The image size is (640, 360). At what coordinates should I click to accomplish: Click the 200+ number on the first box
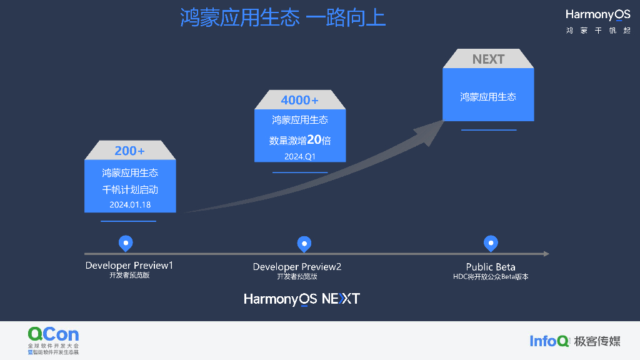pos(130,151)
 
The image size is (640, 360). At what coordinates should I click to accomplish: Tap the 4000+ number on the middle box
pos(299,100)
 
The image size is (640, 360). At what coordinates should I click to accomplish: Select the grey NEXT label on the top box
pos(488,59)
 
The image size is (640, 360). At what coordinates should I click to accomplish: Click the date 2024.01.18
pos(130,204)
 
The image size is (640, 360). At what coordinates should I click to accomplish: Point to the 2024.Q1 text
pos(300,156)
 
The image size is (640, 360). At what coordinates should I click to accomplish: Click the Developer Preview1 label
pos(129,266)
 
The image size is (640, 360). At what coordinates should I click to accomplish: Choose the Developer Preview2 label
pos(297,267)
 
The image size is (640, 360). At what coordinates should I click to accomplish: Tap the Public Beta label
pos(491,267)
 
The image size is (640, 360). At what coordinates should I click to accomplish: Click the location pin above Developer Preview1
pos(126,243)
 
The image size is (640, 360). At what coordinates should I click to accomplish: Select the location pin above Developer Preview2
pos(304,243)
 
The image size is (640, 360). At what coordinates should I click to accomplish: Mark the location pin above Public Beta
pos(491,243)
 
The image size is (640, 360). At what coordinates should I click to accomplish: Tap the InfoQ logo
pos(549,341)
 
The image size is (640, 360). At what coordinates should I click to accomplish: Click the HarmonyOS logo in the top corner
pos(597,15)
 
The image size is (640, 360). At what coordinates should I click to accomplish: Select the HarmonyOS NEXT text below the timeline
pos(302,299)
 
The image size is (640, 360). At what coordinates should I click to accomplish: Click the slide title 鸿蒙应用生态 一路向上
pos(283,17)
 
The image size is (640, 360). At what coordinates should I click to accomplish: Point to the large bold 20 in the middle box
pos(314,139)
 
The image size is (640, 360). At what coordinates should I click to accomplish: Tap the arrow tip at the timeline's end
pos(546,254)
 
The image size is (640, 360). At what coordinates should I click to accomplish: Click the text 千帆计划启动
pos(130,189)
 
